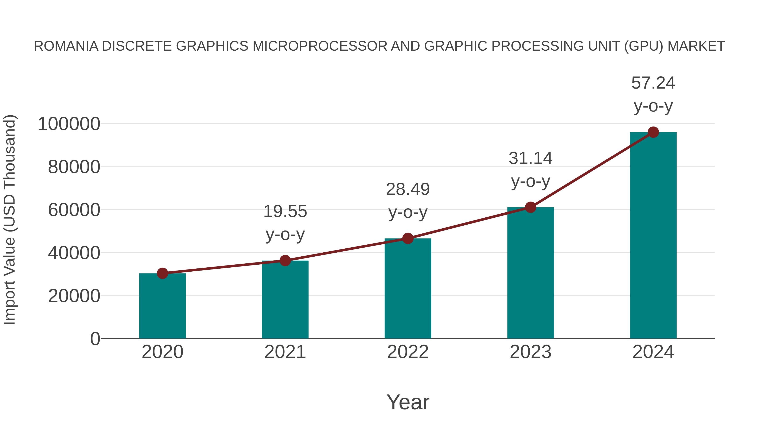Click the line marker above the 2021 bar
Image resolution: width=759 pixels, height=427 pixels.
[x=285, y=260]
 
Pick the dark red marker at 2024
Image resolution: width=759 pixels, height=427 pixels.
[x=653, y=132]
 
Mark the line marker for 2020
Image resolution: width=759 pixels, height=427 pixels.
[x=162, y=273]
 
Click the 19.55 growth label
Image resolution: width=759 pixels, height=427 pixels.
[x=285, y=211]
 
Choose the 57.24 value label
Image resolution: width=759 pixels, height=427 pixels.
[x=653, y=83]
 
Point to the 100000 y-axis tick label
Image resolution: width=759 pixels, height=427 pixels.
[x=69, y=124]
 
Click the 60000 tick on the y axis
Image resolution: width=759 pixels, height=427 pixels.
[x=74, y=210]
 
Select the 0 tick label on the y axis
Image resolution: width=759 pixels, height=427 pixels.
[x=95, y=339]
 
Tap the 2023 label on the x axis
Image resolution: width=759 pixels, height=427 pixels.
[x=530, y=352]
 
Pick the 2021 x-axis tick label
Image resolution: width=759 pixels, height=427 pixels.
[x=285, y=352]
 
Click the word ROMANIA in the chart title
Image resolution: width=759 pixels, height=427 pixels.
[x=66, y=46]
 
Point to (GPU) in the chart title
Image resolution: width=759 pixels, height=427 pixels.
[x=644, y=46]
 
